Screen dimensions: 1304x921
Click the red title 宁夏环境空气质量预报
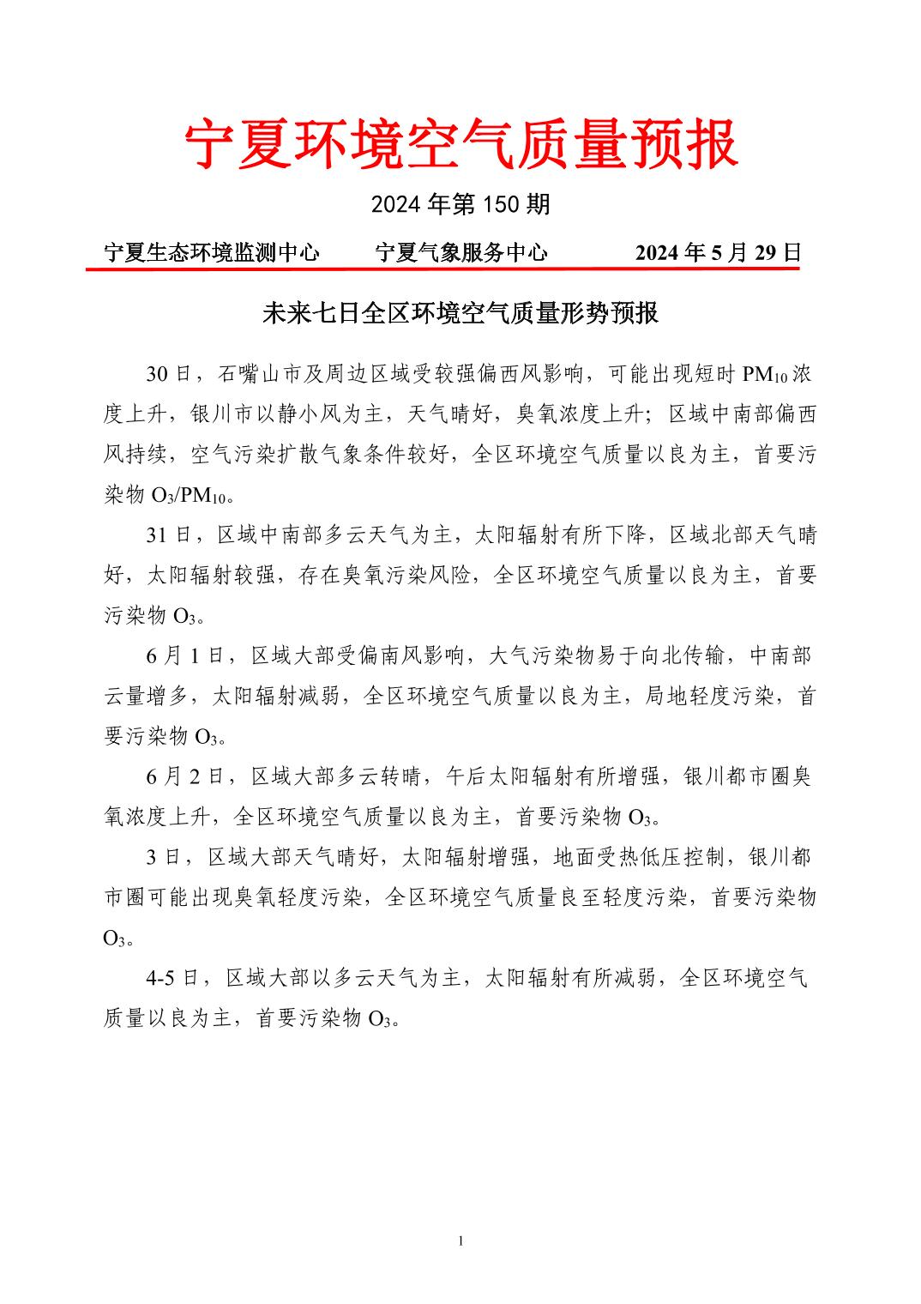(x=460, y=143)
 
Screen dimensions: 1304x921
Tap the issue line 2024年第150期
(x=460, y=204)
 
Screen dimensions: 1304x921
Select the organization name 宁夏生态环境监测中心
(x=211, y=252)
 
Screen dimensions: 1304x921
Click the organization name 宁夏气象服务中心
(x=461, y=252)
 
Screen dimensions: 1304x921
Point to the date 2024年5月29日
(x=717, y=252)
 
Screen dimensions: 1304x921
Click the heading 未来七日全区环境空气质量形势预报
(x=460, y=313)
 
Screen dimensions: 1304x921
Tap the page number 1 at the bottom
(x=461, y=1241)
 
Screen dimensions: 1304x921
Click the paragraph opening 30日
(x=168, y=374)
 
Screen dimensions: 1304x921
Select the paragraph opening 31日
(x=168, y=535)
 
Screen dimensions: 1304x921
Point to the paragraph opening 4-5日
(x=172, y=978)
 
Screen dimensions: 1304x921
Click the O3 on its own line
(x=115, y=939)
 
